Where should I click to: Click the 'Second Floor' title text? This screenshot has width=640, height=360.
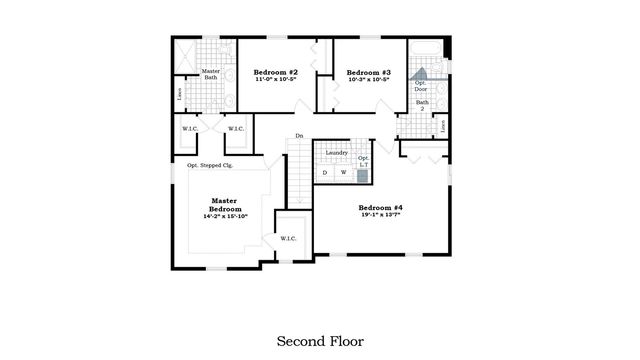[x=320, y=341]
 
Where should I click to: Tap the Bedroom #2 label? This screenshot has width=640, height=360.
[x=275, y=72]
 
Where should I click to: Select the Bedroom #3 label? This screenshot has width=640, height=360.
[x=368, y=72]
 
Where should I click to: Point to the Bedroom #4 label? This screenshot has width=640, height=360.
[x=381, y=207]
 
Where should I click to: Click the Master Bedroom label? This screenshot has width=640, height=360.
[x=225, y=204]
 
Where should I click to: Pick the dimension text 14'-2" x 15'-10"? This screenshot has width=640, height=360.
[x=225, y=216]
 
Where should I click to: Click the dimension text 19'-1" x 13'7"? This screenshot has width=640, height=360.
[x=381, y=216]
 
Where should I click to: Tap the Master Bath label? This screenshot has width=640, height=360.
[x=211, y=75]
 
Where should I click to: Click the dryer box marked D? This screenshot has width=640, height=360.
[x=325, y=173]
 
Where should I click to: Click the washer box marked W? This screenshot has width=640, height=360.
[x=343, y=173]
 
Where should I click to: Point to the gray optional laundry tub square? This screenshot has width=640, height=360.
[x=363, y=174]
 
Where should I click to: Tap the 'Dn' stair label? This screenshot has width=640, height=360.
[x=298, y=136]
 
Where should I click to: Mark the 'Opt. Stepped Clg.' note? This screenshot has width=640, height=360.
[x=209, y=164]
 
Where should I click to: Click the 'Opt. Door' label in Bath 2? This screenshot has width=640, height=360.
[x=421, y=86]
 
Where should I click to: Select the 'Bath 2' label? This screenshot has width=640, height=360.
[x=422, y=106]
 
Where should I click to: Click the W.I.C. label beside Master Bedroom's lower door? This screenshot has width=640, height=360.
[x=288, y=238]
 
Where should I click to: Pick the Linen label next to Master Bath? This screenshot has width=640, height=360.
[x=179, y=94]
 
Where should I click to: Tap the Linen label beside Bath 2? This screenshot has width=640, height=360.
[x=443, y=126]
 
